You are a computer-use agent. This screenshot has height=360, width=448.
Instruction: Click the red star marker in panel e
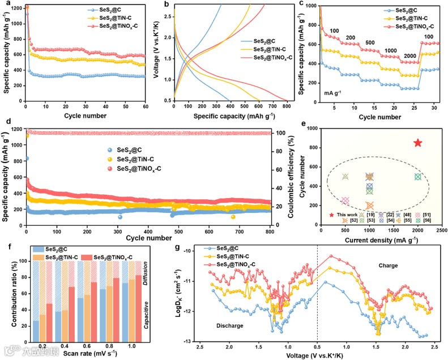coord(418,143)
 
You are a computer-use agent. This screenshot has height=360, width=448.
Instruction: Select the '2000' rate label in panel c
coord(409,55)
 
